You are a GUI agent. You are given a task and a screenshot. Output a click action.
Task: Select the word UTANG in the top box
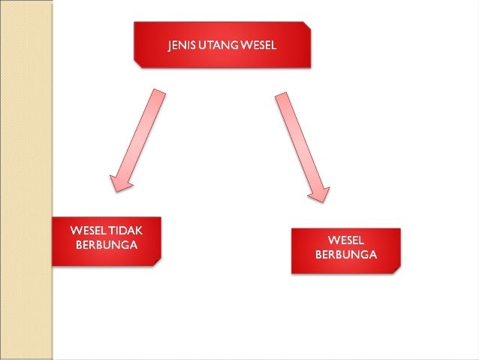coord(215,44)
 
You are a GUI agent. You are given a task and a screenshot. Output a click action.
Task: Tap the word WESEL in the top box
coord(256,44)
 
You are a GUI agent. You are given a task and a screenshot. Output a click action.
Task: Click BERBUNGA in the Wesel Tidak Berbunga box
coord(107,245)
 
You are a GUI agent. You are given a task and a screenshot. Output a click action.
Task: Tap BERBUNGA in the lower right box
coord(346,254)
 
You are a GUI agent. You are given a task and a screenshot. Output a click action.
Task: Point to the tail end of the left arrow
coord(158,93)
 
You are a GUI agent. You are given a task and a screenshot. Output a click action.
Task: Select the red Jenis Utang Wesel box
coord(221,45)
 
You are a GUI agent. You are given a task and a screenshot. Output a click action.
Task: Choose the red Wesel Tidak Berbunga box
coord(106,241)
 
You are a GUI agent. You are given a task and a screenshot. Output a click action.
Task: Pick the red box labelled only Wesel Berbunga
coord(345,250)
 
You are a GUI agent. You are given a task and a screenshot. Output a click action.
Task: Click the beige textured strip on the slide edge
coord(26,180)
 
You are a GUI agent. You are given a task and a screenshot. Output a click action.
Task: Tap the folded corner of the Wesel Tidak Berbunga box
coord(156,262)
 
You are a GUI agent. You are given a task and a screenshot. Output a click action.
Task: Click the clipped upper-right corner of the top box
coord(306,26)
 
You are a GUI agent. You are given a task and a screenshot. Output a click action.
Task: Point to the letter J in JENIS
coord(170,44)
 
